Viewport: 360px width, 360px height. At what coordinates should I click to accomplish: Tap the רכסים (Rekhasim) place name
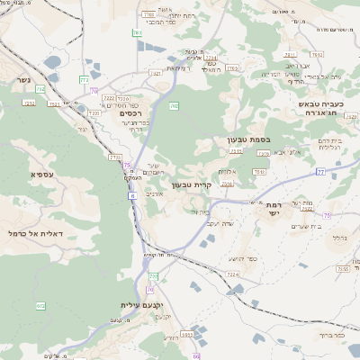tap(130, 113)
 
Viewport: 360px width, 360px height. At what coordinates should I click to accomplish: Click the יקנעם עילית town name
tap(127, 305)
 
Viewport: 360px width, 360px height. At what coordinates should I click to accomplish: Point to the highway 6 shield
tap(131, 194)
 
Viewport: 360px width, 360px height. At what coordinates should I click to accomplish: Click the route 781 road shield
tap(137, 33)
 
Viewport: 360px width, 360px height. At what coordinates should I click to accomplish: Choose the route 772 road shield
tap(84, 79)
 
